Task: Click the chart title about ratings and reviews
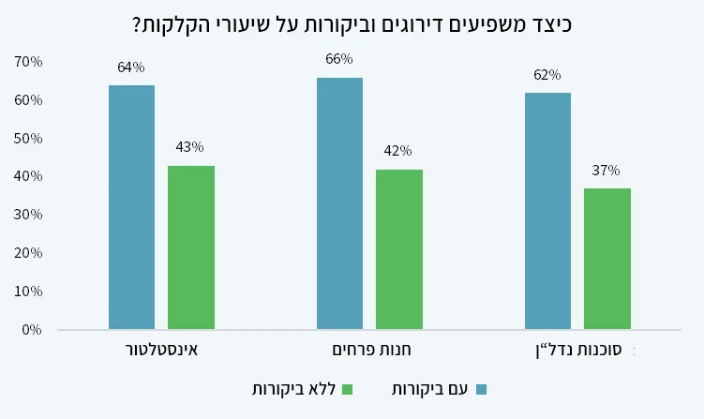coord(352,24)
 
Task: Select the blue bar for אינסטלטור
coord(131,207)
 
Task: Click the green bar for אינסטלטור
coord(191,247)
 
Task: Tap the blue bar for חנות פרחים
coord(339,203)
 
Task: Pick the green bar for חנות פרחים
coord(398,249)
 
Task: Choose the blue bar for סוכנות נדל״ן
coord(547,211)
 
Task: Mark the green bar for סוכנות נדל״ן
coord(607,259)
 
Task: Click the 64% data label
coord(131,67)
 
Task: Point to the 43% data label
coord(190,147)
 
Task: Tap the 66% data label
coord(339,59)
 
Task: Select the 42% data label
coord(398,151)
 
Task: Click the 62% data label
coord(547,75)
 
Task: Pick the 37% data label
coord(607,171)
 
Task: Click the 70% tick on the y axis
coord(28,62)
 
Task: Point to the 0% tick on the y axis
coord(32,330)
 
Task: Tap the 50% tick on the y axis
coord(28,139)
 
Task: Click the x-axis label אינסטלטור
coord(161,351)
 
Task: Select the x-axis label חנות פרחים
coord(369,351)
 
